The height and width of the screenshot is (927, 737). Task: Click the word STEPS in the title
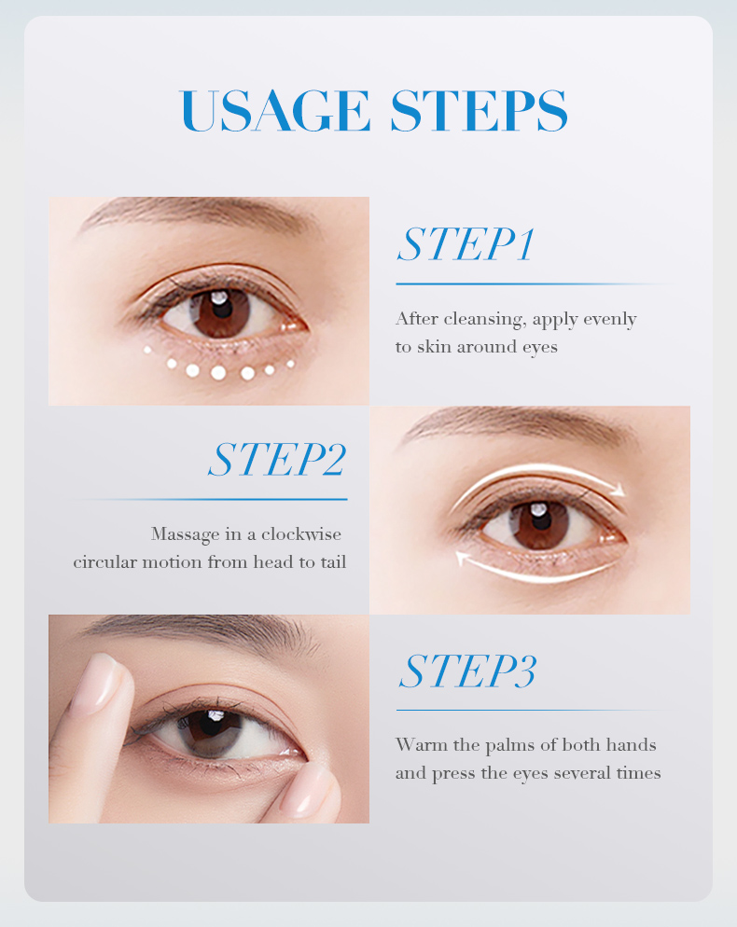pos(479,111)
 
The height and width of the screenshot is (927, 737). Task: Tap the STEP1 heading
pos(466,244)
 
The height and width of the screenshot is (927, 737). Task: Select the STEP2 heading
pos(277,460)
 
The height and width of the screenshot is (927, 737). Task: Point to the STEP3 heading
pos(467,671)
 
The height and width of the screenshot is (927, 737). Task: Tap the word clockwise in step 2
pos(301,534)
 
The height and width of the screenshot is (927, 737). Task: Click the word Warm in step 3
pos(416,744)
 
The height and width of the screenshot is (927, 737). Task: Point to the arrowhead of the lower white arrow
pos(461,558)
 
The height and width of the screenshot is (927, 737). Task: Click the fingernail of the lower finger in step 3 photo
pos(307,796)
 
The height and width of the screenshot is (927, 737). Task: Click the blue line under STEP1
pos(522,284)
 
